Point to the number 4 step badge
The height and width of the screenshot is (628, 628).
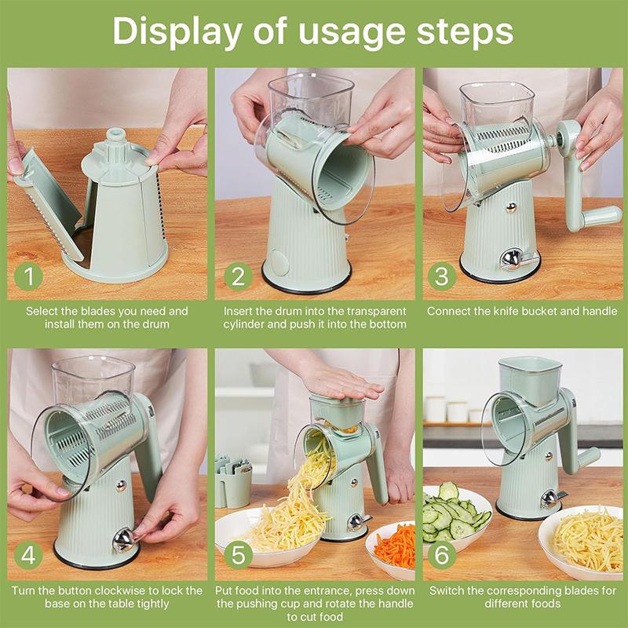(28, 554)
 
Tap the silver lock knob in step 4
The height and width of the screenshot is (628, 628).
(124, 539)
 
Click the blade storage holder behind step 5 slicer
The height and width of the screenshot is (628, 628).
(232, 480)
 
